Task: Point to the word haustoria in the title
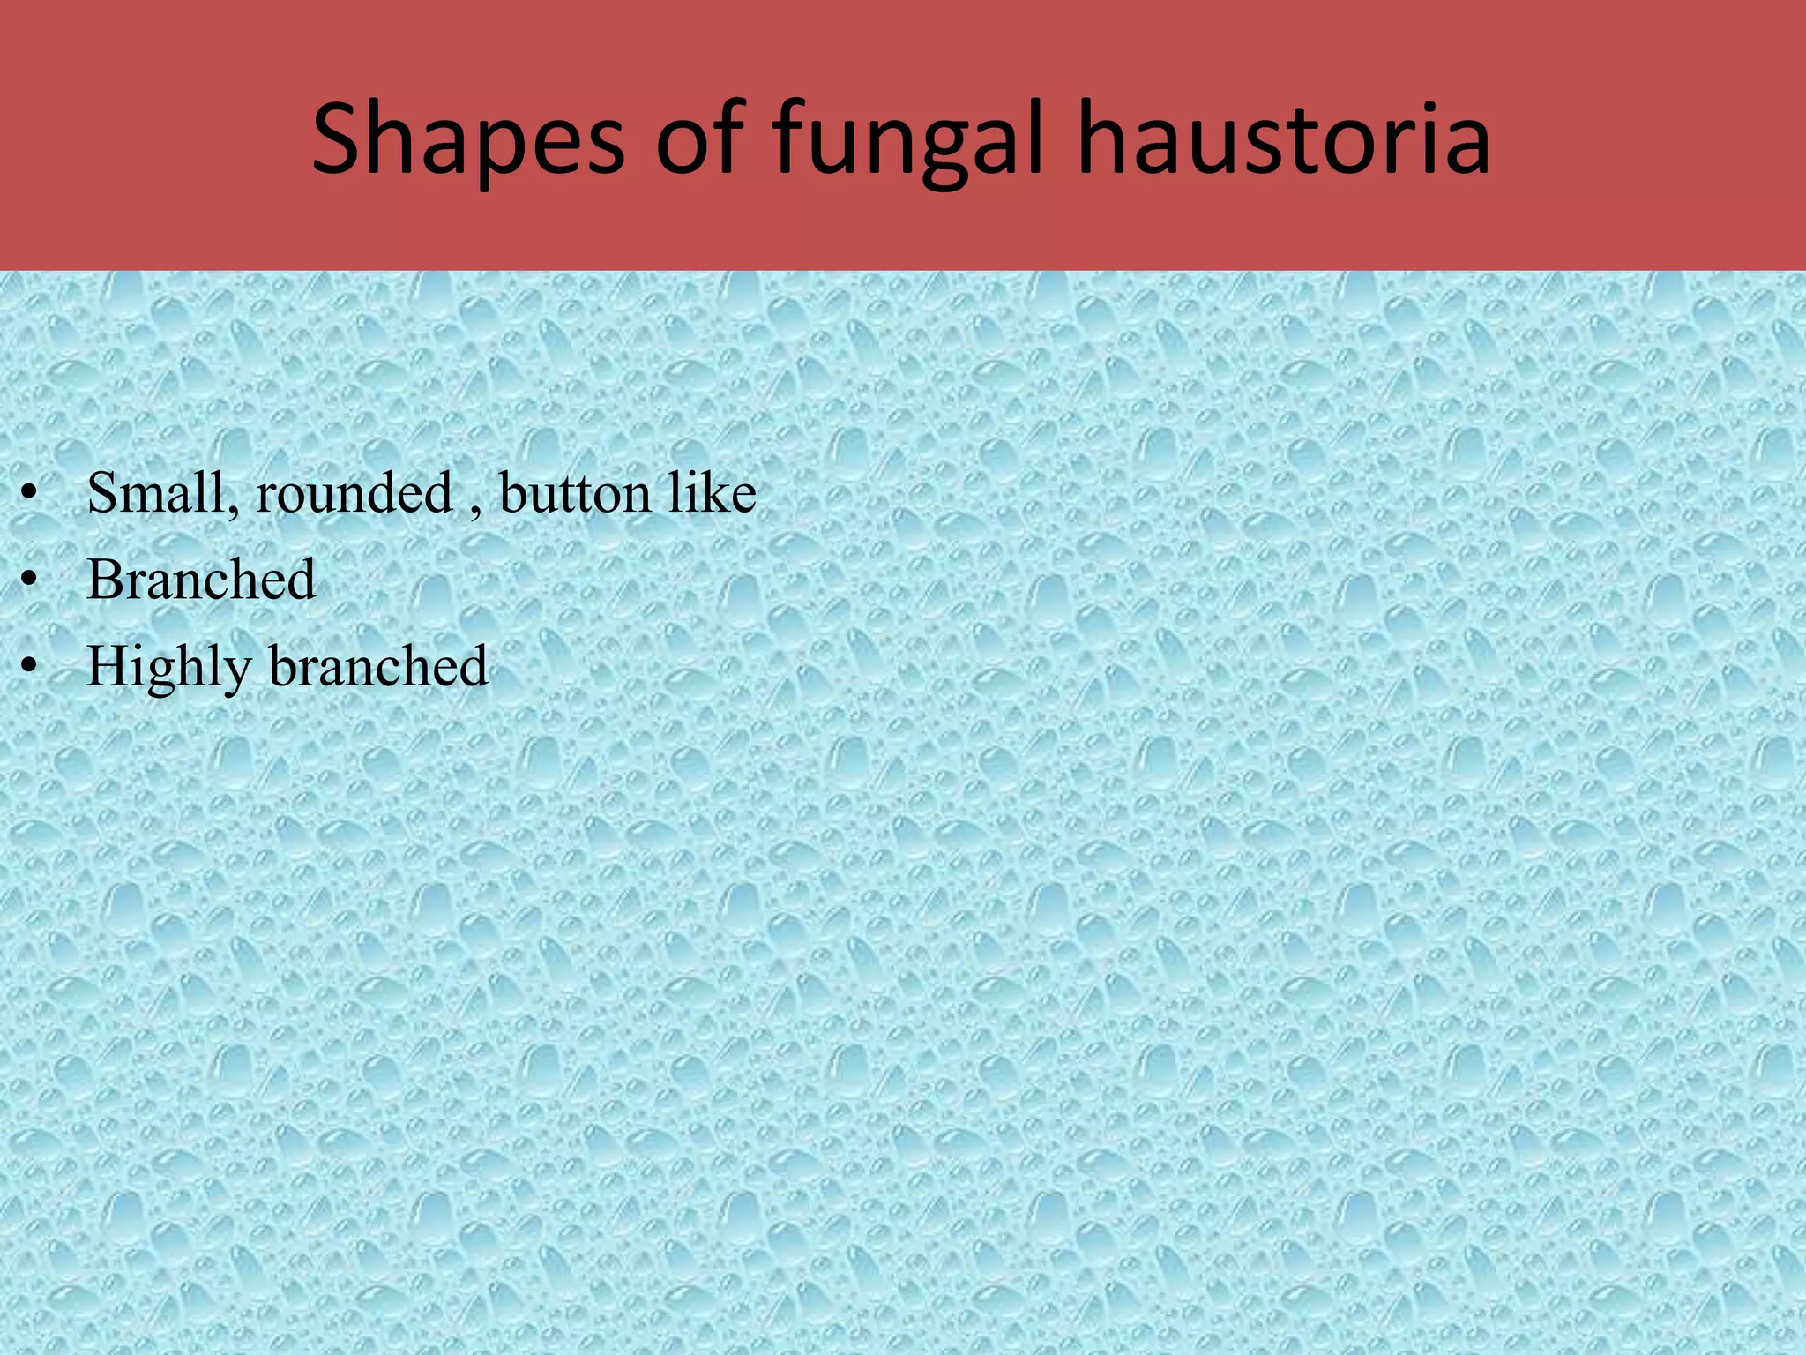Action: pos(1283,139)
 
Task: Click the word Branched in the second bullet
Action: pos(201,580)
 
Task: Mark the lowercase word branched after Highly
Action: pos(378,666)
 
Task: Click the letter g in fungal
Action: pos(948,150)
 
